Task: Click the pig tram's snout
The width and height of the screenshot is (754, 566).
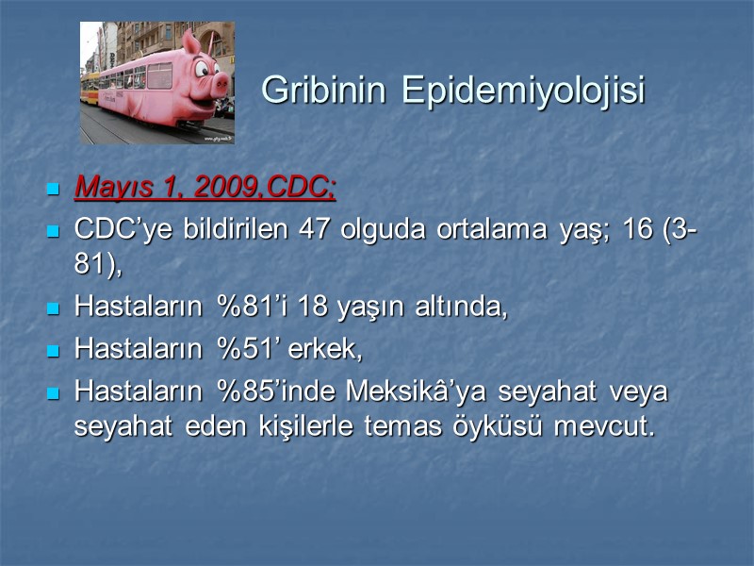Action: click(x=221, y=84)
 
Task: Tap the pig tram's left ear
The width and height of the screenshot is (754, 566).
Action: click(x=192, y=42)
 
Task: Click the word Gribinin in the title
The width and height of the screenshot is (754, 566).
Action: click(x=325, y=91)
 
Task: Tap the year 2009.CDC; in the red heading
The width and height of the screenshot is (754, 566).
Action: click(x=265, y=188)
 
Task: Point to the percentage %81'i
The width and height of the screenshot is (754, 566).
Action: click(x=249, y=308)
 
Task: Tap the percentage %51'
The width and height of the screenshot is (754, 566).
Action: click(x=248, y=349)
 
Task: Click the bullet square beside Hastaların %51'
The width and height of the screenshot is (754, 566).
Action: click(x=54, y=351)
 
